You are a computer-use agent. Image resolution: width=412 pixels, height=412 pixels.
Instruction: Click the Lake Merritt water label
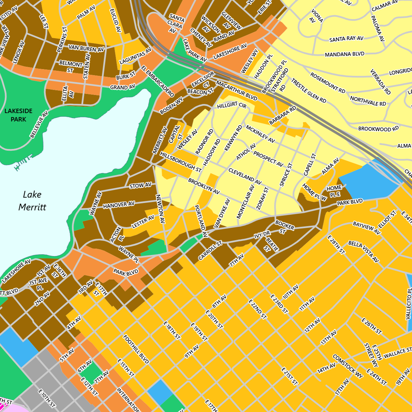[x=32, y=201]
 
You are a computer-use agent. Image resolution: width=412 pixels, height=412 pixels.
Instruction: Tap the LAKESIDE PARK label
[x=18, y=115]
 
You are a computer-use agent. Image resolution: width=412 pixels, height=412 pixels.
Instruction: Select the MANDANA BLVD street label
[x=345, y=54]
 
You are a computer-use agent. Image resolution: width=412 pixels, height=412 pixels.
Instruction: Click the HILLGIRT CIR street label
[x=232, y=105]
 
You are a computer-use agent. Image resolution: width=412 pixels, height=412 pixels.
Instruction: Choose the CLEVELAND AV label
[x=245, y=176]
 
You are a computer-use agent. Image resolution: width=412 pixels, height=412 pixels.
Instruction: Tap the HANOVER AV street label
[x=119, y=204]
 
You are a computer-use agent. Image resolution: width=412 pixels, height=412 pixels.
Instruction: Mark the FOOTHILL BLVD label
[x=136, y=349]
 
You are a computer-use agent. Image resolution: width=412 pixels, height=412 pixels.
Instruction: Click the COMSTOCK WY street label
[x=348, y=366]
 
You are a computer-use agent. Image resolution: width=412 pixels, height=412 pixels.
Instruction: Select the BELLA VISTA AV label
[x=363, y=251]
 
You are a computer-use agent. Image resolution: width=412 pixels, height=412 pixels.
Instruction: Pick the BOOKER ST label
[x=285, y=227]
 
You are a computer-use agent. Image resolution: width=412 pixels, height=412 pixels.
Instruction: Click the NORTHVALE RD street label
[x=368, y=101]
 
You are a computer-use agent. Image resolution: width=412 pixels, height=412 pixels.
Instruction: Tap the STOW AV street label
[x=141, y=185]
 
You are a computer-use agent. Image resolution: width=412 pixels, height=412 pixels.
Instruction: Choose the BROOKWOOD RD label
[x=378, y=128]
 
